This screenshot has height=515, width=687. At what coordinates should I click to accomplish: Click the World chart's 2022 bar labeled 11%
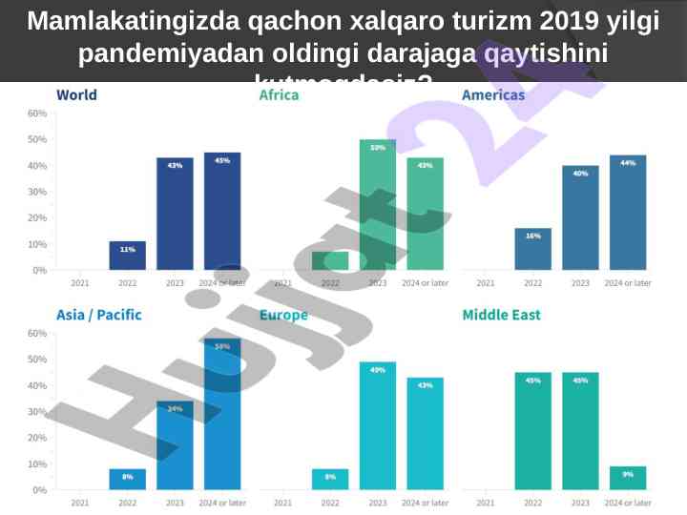pyautogui.click(x=127, y=256)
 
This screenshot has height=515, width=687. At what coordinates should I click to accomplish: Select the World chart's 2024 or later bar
pyautogui.click(x=222, y=212)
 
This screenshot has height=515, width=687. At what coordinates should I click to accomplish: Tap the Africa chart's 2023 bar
pyautogui.click(x=378, y=205)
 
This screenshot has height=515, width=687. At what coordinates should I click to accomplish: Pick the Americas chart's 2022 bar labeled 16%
pyautogui.click(x=532, y=249)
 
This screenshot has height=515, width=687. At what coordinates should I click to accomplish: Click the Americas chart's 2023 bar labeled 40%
pyautogui.click(x=580, y=218)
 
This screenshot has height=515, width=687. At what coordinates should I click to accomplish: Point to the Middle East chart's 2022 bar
pyautogui.click(x=532, y=431)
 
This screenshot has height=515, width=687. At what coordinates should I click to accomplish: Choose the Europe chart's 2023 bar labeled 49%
pyautogui.click(x=378, y=426)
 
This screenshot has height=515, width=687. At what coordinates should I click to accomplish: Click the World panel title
pyautogui.click(x=76, y=95)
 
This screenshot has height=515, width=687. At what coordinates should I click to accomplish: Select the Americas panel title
pyautogui.click(x=492, y=95)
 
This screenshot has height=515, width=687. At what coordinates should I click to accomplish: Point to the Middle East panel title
pyautogui.click(x=501, y=315)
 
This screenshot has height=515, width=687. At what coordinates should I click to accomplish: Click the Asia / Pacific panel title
pyautogui.click(x=98, y=315)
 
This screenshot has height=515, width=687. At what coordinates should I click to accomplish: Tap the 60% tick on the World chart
pyautogui.click(x=37, y=113)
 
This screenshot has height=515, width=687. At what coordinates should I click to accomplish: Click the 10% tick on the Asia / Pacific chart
pyautogui.click(x=37, y=464)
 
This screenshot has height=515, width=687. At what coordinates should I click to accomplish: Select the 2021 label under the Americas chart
pyautogui.click(x=486, y=283)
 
